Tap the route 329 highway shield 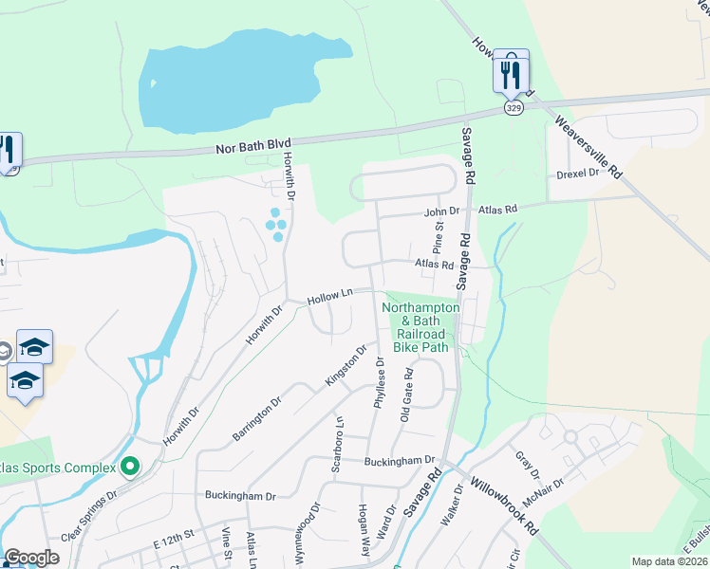513,108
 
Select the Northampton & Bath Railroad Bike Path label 421,327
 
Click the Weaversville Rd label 589,147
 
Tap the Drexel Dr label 577,174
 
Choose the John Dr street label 441,211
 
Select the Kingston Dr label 346,364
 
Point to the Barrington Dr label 257,419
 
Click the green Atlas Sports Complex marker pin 130,466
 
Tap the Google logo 31,558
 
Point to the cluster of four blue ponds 276,225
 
